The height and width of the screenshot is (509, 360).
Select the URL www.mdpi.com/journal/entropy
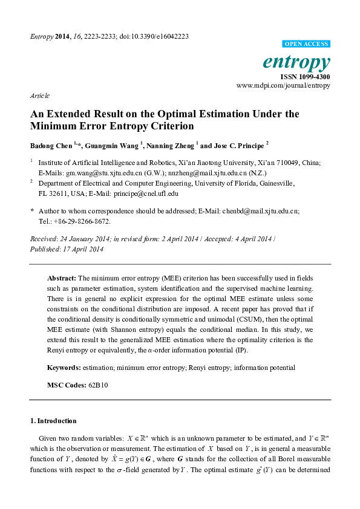283,86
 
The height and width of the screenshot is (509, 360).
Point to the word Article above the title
39,96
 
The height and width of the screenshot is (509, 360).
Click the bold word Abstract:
62,277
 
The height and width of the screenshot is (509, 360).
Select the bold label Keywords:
64,368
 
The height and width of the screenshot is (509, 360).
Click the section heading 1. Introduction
53,420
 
